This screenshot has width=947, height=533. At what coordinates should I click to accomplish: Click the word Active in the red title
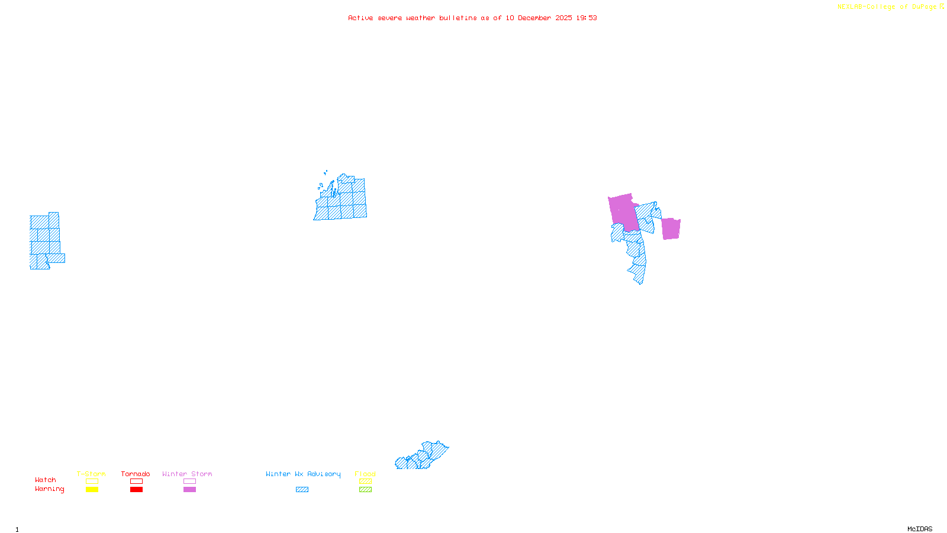point(360,18)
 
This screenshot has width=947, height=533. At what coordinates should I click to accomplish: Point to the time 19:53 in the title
point(587,18)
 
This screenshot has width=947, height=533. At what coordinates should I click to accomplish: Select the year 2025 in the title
point(563,18)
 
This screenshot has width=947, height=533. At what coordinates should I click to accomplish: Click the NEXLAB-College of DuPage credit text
point(887,7)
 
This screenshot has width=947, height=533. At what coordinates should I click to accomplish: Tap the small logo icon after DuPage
point(942,7)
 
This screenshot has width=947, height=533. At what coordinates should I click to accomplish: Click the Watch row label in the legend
point(46,480)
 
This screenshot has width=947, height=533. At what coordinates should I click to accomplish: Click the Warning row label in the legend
point(49,489)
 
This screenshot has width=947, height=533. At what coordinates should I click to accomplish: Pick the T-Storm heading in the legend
point(91,474)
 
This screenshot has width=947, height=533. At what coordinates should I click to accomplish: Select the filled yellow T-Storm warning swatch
point(92,490)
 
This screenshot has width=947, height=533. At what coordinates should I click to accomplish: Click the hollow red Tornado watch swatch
point(136,481)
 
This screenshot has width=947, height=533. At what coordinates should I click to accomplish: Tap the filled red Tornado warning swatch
point(136,490)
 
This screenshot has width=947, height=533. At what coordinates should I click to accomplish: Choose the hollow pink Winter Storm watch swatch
point(189,481)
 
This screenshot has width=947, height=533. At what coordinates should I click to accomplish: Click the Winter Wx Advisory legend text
point(303,474)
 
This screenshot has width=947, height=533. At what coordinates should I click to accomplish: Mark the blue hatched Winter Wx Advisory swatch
point(302,490)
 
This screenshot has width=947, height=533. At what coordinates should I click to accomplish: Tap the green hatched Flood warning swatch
point(365,490)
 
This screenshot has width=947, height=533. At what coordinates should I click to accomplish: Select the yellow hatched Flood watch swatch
point(365,481)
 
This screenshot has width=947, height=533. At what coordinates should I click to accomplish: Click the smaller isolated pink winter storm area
point(671,229)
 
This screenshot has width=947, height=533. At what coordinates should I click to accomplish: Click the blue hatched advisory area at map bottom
point(421,457)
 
